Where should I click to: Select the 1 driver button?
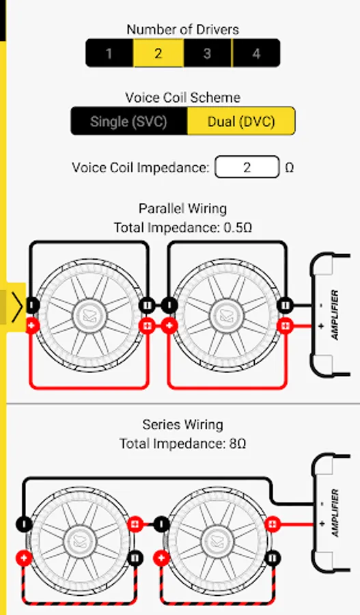pyautogui.click(x=109, y=53)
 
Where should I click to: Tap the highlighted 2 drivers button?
pyautogui.click(x=158, y=53)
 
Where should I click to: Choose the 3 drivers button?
pyautogui.click(x=208, y=53)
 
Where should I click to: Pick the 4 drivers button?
pyautogui.click(x=256, y=53)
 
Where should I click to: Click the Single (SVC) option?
pyautogui.click(x=128, y=121)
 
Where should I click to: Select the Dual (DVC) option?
pyautogui.click(x=241, y=121)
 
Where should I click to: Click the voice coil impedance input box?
pyautogui.click(x=247, y=167)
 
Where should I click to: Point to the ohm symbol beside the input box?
pyautogui.click(x=289, y=168)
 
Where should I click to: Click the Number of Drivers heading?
pyautogui.click(x=183, y=29)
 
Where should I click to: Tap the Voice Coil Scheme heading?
pyautogui.click(x=183, y=97)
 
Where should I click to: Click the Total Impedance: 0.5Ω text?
pyautogui.click(x=183, y=228)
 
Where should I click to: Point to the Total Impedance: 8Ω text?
pyautogui.click(x=183, y=443)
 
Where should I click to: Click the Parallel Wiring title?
pyautogui.click(x=183, y=208)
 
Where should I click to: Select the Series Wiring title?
pyautogui.click(x=183, y=424)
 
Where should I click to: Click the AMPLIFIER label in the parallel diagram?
pyautogui.click(x=335, y=314)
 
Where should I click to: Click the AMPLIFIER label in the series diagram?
pyautogui.click(x=335, y=512)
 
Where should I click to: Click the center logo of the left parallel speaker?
pyautogui.click(x=89, y=315)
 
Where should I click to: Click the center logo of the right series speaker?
pyautogui.click(x=217, y=541)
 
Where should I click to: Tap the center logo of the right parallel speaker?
pyautogui.click(x=226, y=315)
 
